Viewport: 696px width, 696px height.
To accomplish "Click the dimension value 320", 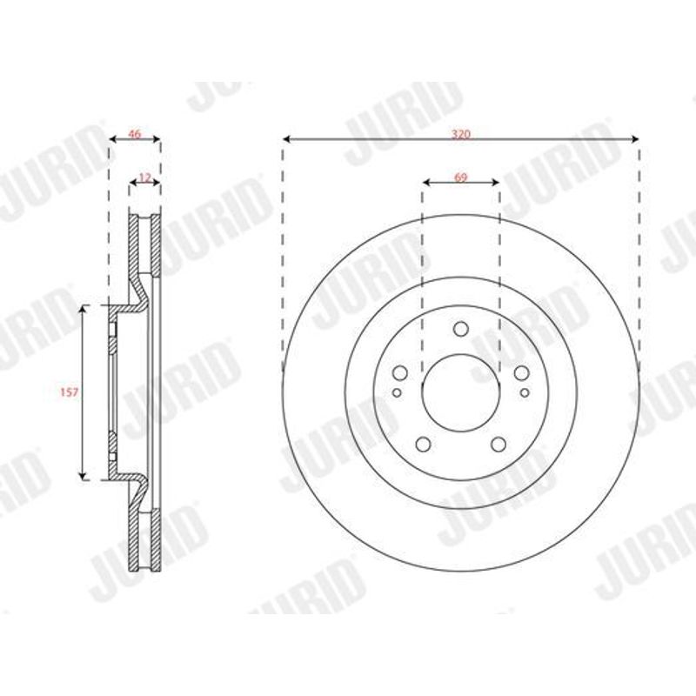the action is (x=461, y=134).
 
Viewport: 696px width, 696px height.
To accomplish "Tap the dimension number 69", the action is (x=461, y=177).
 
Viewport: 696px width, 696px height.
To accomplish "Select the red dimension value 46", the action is (x=134, y=133).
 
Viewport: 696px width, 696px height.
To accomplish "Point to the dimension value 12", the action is (x=144, y=177).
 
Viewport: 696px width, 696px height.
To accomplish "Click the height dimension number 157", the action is (x=70, y=392).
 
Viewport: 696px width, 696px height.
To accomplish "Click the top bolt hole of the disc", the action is (x=461, y=329).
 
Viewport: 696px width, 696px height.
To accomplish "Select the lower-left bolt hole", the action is (x=424, y=444).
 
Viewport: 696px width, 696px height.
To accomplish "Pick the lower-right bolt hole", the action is (x=499, y=444).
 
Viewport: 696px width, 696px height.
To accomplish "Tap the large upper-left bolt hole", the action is (x=400, y=373).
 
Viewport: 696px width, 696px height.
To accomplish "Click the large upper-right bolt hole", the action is (x=521, y=373).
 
